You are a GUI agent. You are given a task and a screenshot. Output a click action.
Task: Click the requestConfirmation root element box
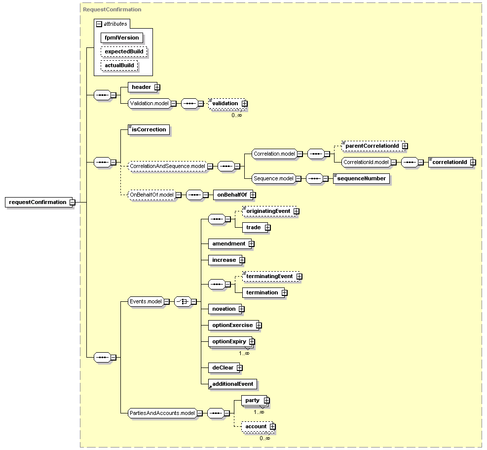tap(38, 202)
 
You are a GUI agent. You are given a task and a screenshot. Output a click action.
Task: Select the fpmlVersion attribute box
tap(122, 38)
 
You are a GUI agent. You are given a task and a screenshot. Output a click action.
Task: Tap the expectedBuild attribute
tap(124, 52)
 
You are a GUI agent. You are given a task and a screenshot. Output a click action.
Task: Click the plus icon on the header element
tap(157, 87)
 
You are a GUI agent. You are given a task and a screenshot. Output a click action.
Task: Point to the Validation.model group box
tap(150, 104)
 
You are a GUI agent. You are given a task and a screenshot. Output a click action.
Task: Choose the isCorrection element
tap(149, 130)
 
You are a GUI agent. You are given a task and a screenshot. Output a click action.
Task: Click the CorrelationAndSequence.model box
tap(167, 166)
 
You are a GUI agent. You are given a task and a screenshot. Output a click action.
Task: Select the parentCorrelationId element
tap(373, 146)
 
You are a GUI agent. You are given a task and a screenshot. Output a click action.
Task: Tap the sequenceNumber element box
tap(362, 178)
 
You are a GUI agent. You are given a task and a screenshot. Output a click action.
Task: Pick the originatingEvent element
tap(269, 211)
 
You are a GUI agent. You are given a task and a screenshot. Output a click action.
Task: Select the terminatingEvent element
tap(271, 277)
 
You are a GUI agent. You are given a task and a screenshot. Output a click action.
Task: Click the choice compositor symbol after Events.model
tap(183, 302)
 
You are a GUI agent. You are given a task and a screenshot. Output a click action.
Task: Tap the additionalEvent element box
tap(232, 384)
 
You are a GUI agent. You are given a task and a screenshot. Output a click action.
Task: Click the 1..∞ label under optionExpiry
tap(244, 353)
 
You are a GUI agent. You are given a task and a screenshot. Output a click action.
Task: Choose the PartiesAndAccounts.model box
tap(162, 413)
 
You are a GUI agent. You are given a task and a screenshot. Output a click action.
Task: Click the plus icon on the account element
tap(272, 427)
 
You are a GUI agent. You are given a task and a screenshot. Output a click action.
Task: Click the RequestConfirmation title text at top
tap(112, 10)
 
